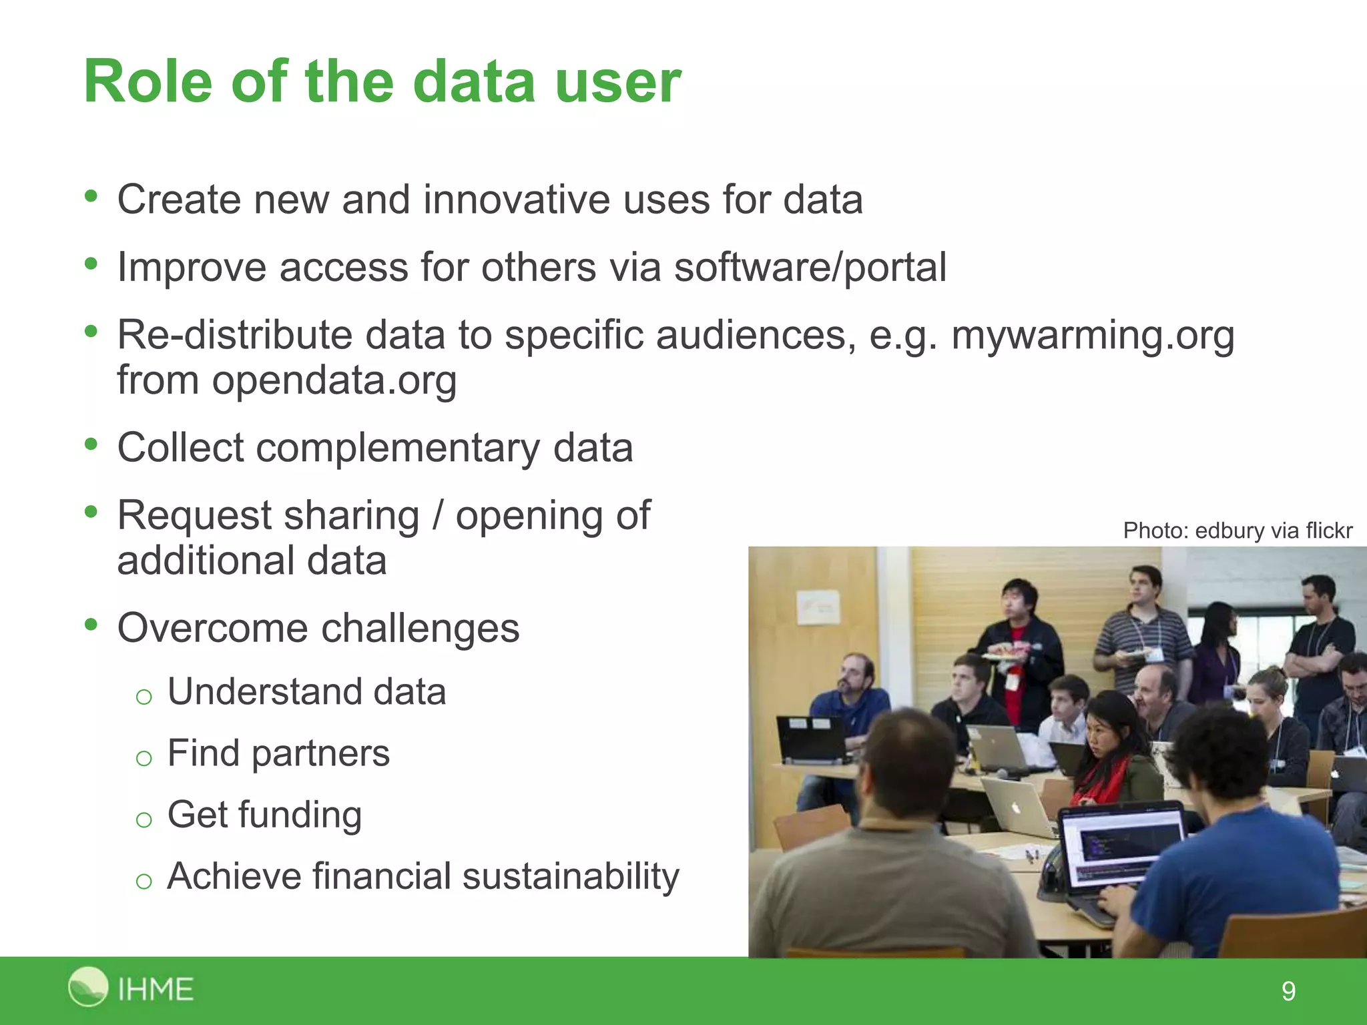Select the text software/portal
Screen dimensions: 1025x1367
click(810, 267)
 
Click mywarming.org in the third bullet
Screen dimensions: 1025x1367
click(1092, 334)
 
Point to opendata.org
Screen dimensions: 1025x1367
click(334, 380)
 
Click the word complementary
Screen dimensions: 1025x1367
click(398, 447)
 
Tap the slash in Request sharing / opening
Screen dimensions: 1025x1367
click(437, 515)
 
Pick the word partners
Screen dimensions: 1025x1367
click(320, 753)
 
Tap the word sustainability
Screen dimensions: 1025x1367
click(571, 876)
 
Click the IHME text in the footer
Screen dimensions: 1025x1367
click(156, 989)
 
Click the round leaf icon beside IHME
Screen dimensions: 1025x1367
click(87, 986)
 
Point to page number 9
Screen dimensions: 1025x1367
click(1288, 991)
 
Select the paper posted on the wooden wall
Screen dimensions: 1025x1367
click(818, 607)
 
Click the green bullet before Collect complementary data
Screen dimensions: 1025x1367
click(91, 444)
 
